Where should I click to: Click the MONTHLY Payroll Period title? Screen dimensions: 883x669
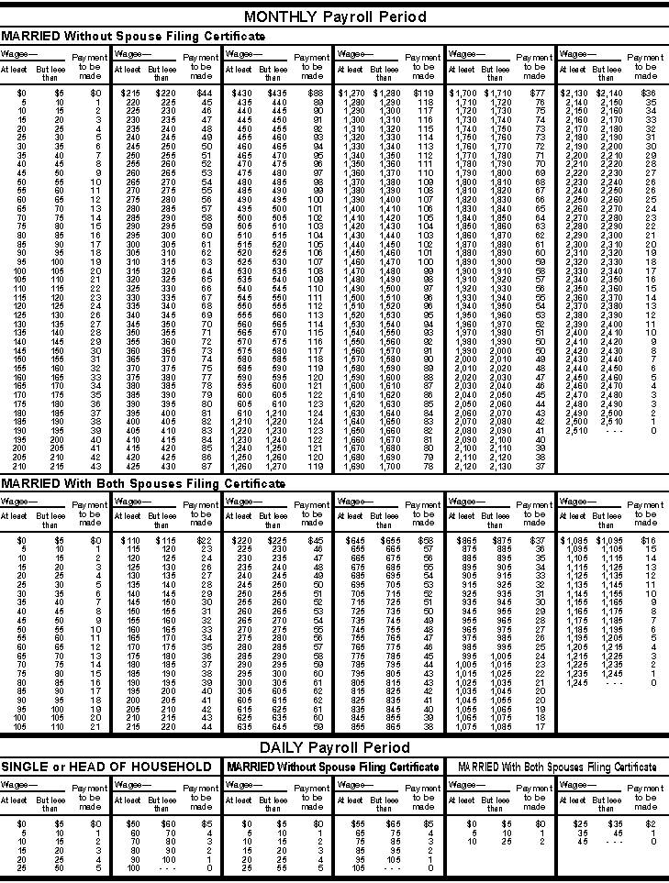tap(334, 17)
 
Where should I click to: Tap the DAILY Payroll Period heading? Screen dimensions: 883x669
tap(334, 747)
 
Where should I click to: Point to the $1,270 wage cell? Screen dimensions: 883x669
tap(351, 93)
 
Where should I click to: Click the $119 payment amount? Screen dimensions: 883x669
tap(423, 93)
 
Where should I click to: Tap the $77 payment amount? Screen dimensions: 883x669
tap(537, 93)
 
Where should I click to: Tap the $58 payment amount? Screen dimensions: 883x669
tap(424, 540)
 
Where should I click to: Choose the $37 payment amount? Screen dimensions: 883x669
tap(538, 540)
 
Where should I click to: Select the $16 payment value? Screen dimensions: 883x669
tap(648, 540)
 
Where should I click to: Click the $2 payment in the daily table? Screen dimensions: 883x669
tap(652, 823)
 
